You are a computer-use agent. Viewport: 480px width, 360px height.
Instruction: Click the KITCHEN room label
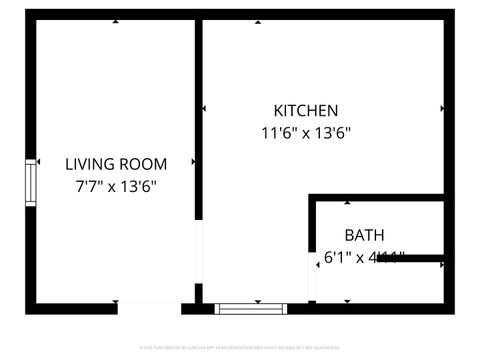click(x=306, y=110)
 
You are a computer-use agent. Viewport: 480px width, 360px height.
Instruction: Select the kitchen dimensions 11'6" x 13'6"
click(x=306, y=132)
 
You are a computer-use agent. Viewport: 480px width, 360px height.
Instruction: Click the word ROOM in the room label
click(x=146, y=164)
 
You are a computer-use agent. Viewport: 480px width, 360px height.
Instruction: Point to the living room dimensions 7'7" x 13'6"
click(x=116, y=186)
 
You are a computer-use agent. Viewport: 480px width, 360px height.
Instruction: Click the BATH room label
click(x=364, y=236)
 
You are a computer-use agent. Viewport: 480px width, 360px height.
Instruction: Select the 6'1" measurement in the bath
click(x=336, y=258)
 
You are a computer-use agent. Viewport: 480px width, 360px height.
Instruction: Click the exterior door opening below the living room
click(x=149, y=308)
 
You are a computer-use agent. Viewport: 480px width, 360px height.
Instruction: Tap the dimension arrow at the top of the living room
click(x=116, y=21)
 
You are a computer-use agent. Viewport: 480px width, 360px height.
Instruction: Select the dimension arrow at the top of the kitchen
click(x=318, y=21)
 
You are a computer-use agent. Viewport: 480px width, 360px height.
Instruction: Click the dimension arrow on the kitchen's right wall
click(x=442, y=108)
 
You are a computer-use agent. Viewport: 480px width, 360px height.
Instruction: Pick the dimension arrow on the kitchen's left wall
click(x=204, y=108)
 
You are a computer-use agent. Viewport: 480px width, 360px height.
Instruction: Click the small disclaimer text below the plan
click(x=240, y=349)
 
